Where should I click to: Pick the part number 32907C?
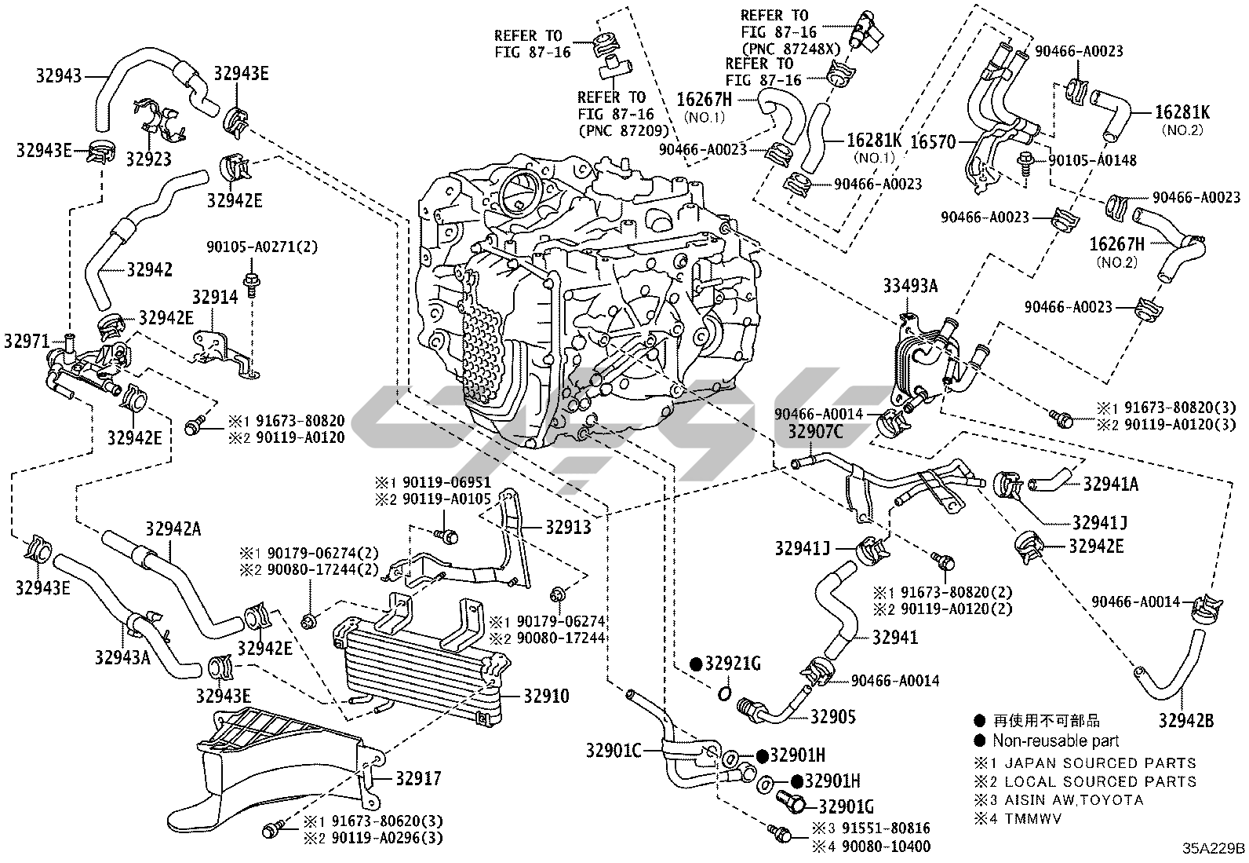(816, 430)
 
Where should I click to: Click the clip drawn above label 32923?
(160, 121)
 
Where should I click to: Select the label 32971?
(27, 341)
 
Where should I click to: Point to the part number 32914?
(215, 296)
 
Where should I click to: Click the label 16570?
(934, 142)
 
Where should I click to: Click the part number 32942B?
(1185, 719)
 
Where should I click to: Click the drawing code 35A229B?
(1214, 849)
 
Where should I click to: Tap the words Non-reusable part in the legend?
(1055, 740)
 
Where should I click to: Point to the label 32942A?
(173, 528)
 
